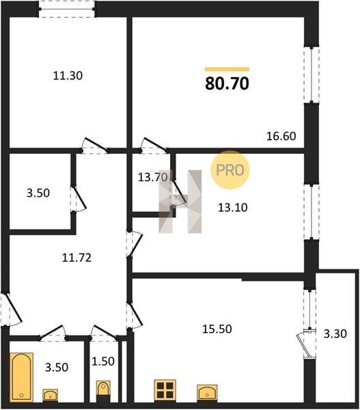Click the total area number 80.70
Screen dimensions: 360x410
[x=227, y=83]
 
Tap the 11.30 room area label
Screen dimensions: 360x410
[x=68, y=76]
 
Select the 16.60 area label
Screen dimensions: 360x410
[x=281, y=136]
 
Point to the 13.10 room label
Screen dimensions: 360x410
[x=233, y=208]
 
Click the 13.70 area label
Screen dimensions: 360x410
[x=153, y=178]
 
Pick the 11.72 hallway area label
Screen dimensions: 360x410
[x=77, y=258]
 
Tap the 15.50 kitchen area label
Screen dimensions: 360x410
[x=217, y=329]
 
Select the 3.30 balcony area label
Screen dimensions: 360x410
[x=335, y=334]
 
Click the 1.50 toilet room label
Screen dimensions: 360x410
[x=103, y=361]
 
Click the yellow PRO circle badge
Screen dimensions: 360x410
[x=230, y=170]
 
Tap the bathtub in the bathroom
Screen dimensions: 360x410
[x=21, y=377]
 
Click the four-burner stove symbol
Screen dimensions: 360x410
[x=165, y=390]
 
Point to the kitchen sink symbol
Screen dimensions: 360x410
[x=207, y=392]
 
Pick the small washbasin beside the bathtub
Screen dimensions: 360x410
[x=50, y=394]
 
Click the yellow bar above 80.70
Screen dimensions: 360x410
[x=227, y=69]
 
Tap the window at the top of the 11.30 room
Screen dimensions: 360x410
[x=67, y=9]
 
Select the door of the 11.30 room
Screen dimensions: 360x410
[x=95, y=146]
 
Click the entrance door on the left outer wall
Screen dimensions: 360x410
[x=10, y=310]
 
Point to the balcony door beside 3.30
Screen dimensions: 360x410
[x=307, y=343]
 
